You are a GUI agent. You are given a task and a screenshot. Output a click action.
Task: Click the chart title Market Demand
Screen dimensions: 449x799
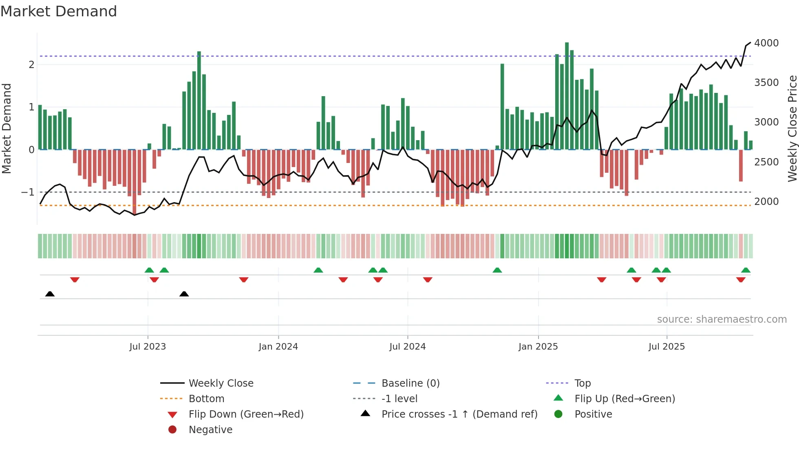click(59, 11)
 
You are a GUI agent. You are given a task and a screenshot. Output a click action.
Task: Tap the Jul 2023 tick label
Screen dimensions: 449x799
click(148, 347)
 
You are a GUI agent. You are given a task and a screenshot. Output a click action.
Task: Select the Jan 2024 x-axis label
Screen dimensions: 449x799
click(278, 347)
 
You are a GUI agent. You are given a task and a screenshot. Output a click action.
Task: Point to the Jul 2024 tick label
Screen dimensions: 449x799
click(408, 347)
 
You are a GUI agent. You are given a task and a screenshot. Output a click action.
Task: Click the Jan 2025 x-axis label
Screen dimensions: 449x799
click(538, 347)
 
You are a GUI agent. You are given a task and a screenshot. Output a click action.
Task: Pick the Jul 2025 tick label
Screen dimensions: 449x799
click(667, 347)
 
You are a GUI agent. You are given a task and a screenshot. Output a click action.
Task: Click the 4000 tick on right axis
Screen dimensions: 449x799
click(766, 43)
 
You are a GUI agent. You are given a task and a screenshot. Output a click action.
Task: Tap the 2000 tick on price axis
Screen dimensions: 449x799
click(766, 202)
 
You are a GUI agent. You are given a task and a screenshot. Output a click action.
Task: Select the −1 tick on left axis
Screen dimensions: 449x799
click(28, 192)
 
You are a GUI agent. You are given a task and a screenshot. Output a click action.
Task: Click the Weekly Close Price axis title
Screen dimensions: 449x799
click(792, 128)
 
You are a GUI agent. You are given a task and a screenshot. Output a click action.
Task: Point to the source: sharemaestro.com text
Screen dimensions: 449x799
click(722, 319)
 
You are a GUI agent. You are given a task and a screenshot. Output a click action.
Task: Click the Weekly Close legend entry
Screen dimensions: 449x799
click(221, 383)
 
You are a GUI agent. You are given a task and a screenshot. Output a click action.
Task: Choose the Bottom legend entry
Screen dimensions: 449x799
click(206, 399)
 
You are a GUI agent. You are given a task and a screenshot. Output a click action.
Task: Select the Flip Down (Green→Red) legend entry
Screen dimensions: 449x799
click(246, 414)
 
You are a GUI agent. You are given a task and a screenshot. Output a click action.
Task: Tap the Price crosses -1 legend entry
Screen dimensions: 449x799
click(459, 414)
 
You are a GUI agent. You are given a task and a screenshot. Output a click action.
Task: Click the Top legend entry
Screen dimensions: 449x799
click(583, 383)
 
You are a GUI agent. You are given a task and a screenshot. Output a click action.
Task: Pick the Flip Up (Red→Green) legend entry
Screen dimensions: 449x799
click(625, 399)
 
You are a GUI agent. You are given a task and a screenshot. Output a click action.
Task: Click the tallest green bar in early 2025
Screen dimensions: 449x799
click(567, 96)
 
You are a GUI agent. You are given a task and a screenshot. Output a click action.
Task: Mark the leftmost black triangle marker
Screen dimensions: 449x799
click(50, 294)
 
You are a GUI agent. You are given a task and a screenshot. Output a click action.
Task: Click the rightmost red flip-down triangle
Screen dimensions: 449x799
click(741, 280)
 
